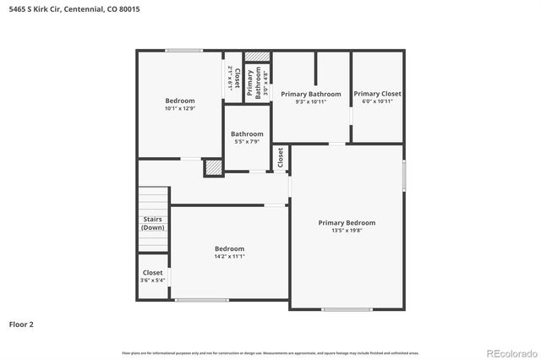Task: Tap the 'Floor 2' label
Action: pos(21,324)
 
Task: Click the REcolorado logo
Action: pos(510,352)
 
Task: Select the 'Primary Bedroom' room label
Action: pos(347,223)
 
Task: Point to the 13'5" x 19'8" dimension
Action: pos(347,231)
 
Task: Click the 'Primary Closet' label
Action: pos(377,94)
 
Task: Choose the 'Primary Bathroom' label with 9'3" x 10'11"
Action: pos(311,94)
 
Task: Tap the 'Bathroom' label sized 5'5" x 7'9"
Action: pos(247,134)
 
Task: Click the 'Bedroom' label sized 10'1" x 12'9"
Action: pos(179,101)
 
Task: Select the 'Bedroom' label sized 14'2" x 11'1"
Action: pos(229,248)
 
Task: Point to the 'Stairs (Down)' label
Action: pos(153,224)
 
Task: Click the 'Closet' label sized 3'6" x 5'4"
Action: pos(152,273)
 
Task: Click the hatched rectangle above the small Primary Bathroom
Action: pos(258,57)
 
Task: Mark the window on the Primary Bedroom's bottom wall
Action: pos(347,309)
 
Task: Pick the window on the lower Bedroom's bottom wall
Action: pos(201,300)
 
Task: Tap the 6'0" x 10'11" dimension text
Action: pos(377,101)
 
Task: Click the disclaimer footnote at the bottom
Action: pos(270,352)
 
